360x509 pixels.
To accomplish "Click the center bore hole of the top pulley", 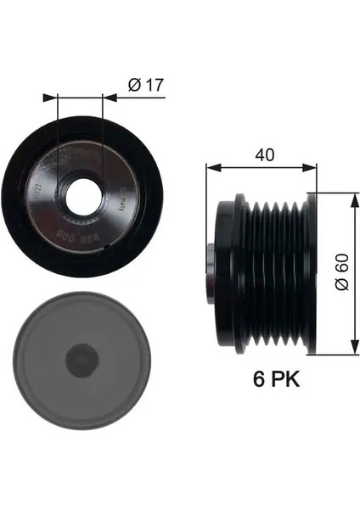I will [82, 194].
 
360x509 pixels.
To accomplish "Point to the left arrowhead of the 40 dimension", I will [211, 168].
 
